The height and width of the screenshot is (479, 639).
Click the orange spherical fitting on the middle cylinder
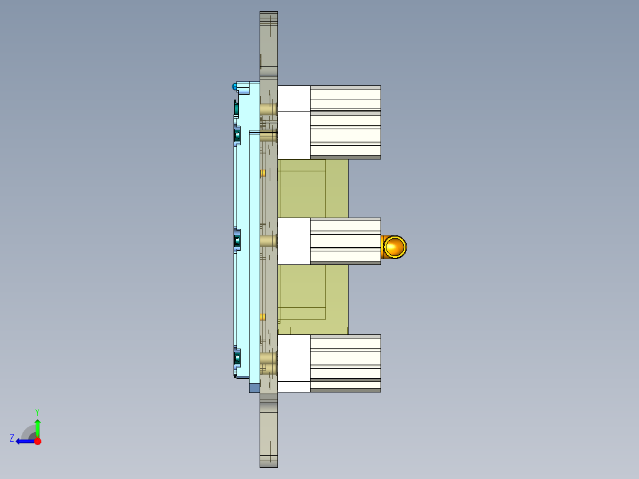[394, 247]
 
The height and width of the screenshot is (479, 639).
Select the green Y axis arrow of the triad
[37, 427]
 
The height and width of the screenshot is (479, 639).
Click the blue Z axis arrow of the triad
[24, 441]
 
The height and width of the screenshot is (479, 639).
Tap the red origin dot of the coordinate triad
[37, 441]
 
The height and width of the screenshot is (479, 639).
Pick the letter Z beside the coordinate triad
[12, 438]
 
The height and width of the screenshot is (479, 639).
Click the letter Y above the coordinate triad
[37, 411]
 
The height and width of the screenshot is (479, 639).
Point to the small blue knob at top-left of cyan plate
[235, 87]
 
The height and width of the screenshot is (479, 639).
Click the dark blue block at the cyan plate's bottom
[254, 388]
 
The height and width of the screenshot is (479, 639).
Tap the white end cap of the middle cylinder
[294, 241]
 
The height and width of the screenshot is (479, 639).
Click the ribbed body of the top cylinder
[345, 122]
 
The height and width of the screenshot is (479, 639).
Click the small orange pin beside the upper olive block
[263, 173]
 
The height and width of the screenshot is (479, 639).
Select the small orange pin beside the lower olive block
[263, 317]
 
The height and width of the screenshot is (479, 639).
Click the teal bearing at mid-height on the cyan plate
[237, 241]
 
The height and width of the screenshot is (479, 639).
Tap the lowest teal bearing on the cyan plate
[237, 358]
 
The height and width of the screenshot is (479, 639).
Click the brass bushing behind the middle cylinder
[269, 241]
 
